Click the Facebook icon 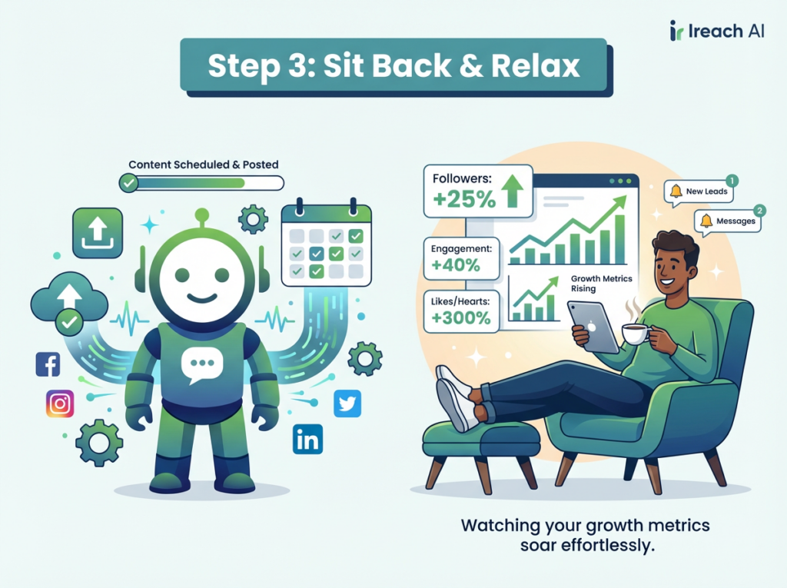pyautogui.click(x=48, y=364)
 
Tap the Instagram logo pyautogui.click(x=60, y=404)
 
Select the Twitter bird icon pyautogui.click(x=347, y=404)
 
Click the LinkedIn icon pyautogui.click(x=307, y=440)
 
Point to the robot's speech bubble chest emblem pyautogui.click(x=202, y=366)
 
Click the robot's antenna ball pyautogui.click(x=202, y=215)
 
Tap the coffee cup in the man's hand pyautogui.click(x=636, y=334)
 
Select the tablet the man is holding pyautogui.click(x=593, y=327)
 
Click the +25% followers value pyautogui.click(x=464, y=200)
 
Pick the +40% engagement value pyautogui.click(x=456, y=265)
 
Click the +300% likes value pyautogui.click(x=461, y=318)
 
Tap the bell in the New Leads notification pyautogui.click(x=676, y=191)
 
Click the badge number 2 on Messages pyautogui.click(x=760, y=211)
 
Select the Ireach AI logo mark pyautogui.click(x=676, y=31)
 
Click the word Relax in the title pyautogui.click(x=536, y=66)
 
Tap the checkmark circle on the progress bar pyautogui.click(x=129, y=183)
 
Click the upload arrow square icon pyautogui.click(x=98, y=233)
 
